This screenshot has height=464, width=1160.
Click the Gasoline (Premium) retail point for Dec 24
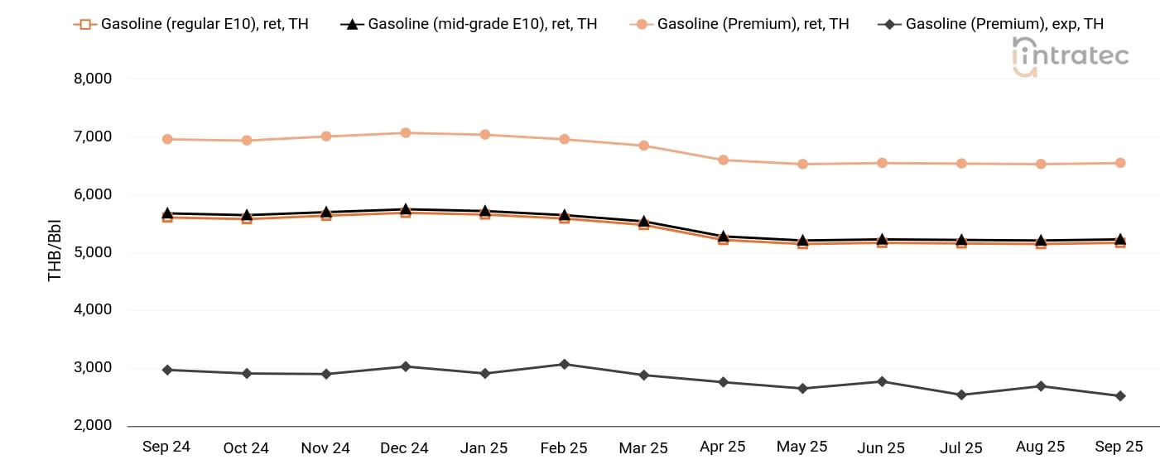406,132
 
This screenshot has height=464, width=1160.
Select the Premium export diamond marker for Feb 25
564,364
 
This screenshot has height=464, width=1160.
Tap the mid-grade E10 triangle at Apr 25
723,237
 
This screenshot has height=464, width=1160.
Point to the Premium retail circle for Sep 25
1119,163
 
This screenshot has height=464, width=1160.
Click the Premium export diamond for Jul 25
961,395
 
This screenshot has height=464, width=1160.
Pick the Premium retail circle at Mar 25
643,146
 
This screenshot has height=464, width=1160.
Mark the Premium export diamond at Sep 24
167,370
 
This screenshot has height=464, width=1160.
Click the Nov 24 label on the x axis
325,447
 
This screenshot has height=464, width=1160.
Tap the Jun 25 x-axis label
881,447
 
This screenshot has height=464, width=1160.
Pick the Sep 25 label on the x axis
1119,447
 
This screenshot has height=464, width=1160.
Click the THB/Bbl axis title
55,252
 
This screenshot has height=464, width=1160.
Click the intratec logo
1070,56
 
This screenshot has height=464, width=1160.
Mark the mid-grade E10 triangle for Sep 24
167,213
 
